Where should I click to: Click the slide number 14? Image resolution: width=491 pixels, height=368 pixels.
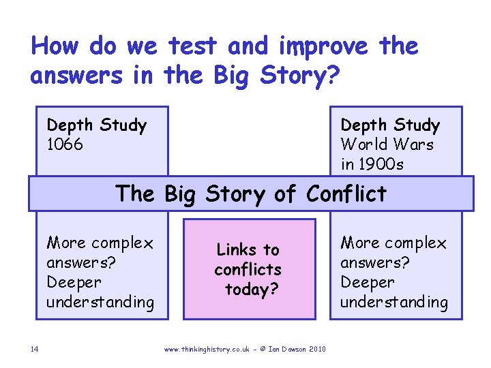click(34, 350)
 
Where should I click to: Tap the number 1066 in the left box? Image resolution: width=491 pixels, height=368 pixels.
click(65, 144)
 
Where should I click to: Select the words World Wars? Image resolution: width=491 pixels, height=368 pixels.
click(387, 144)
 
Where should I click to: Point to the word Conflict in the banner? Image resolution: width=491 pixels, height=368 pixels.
click(346, 194)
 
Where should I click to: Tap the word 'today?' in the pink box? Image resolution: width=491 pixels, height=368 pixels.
click(251, 290)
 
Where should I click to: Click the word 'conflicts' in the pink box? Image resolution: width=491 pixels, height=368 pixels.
click(248, 270)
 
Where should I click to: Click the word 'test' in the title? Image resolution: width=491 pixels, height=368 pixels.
click(193, 47)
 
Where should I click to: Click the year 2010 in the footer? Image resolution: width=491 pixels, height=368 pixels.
click(317, 350)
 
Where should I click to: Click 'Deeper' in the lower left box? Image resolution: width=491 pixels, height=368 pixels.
click(74, 282)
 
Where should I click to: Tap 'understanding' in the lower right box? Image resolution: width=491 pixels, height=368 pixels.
click(394, 302)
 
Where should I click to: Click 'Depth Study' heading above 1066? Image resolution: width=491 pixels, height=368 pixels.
click(96, 125)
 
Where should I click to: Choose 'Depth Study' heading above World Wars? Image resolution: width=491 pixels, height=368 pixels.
click(390, 125)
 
